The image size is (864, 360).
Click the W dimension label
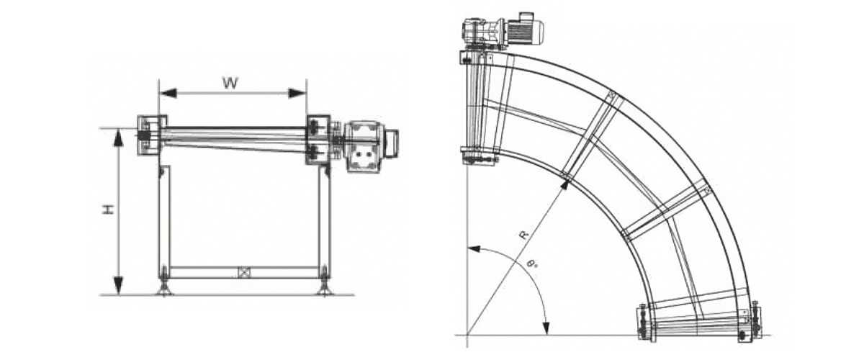point(230,83)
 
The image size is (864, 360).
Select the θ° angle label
point(533,266)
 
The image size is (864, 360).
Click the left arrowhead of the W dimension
point(168,93)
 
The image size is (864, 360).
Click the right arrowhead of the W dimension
point(297,93)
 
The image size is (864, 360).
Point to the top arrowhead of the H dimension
point(119,138)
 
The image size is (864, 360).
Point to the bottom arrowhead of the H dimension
point(119,286)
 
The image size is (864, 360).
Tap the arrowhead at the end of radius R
point(564,186)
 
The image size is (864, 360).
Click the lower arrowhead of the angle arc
point(546,326)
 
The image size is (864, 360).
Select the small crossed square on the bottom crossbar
point(243,272)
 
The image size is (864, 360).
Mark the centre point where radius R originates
point(467,334)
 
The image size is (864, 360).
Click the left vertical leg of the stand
point(164,221)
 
